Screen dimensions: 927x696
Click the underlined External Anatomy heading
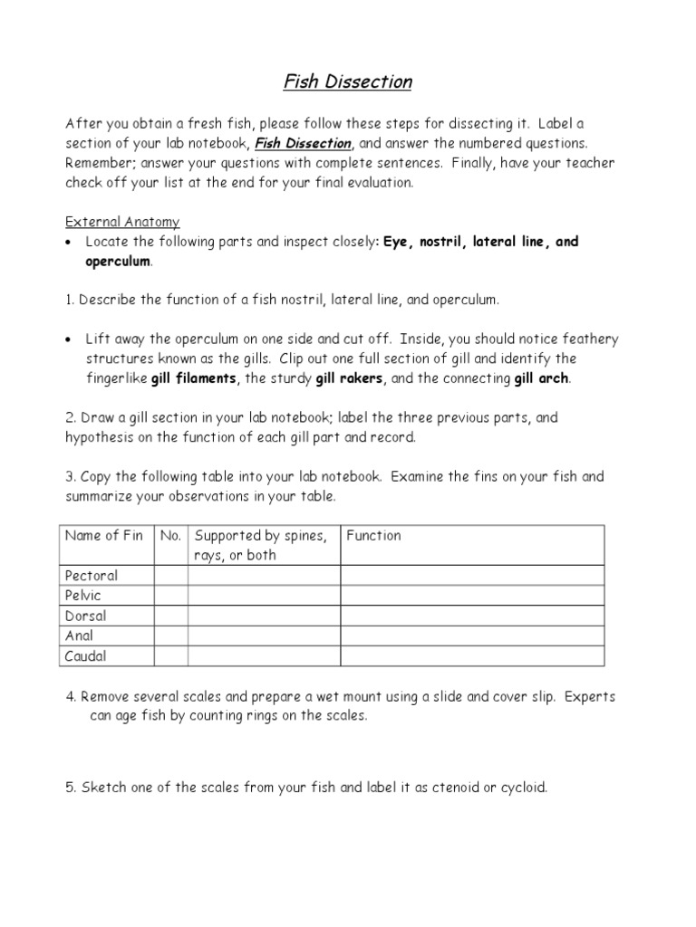[121, 222]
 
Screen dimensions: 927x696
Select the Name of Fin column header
[104, 536]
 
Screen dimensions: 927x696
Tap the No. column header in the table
[170, 536]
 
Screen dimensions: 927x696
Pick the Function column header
[373, 536]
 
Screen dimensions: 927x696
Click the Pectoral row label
[92, 576]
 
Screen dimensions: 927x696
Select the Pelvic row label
[83, 596]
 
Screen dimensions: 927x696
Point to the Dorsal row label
[85, 616]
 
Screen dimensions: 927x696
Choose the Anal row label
[80, 636]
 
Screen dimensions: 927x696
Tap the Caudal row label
[86, 656]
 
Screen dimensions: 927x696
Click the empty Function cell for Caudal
[471, 656]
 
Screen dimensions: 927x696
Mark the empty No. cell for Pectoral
[170, 576]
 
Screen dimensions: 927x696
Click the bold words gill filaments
[192, 377]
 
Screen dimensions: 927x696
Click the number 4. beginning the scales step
[72, 696]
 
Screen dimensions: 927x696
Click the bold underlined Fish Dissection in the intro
[304, 143]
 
